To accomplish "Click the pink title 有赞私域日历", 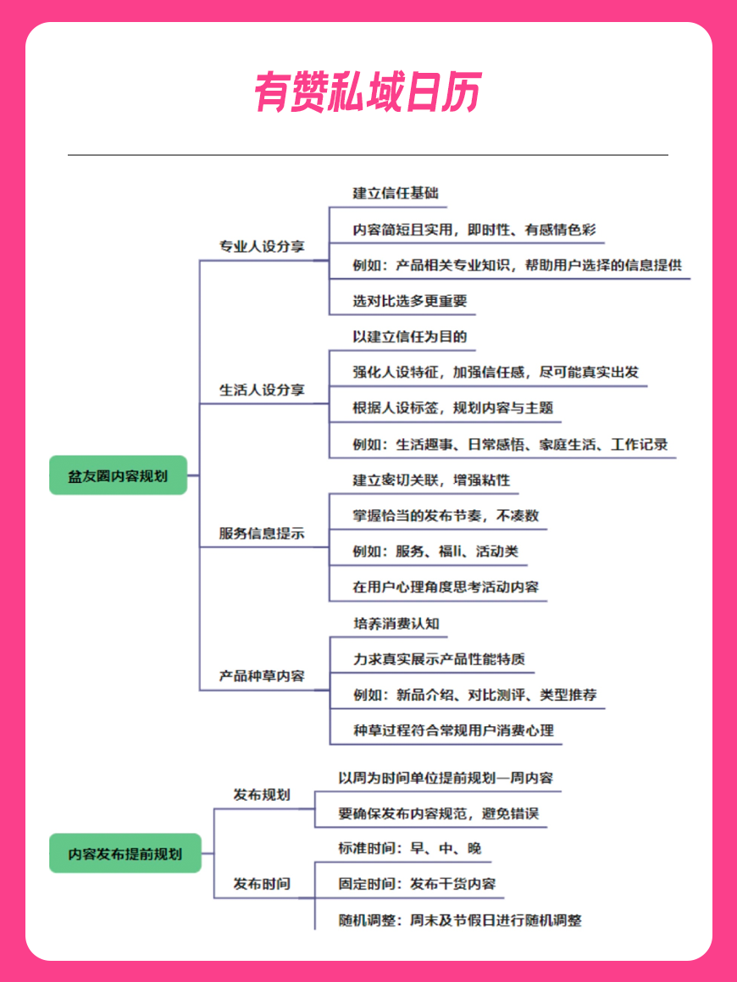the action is [368, 92].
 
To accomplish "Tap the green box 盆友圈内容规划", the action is [119, 475].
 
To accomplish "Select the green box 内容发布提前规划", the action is [125, 853].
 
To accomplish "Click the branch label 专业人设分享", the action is [262, 246].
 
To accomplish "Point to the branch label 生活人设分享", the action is [262, 390].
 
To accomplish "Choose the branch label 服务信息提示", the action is [262, 533].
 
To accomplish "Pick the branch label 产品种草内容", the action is [262, 676].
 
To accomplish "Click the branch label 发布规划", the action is [262, 795].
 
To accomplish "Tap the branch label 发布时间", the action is [262, 884].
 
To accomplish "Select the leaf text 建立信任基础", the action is [396, 193].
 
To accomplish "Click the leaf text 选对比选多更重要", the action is [409, 301].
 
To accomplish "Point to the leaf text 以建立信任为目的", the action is [409, 336].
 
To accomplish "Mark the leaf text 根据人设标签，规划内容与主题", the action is [452, 408].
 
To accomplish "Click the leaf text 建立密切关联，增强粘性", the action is [431, 480].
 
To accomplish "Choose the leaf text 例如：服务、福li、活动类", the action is [435, 551].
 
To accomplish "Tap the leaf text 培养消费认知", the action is [396, 623].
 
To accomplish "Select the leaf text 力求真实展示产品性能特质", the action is [439, 659].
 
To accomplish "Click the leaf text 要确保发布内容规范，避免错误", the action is [438, 813].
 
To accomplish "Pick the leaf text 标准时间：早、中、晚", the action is [409, 848].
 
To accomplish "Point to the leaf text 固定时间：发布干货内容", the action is [417, 884].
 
